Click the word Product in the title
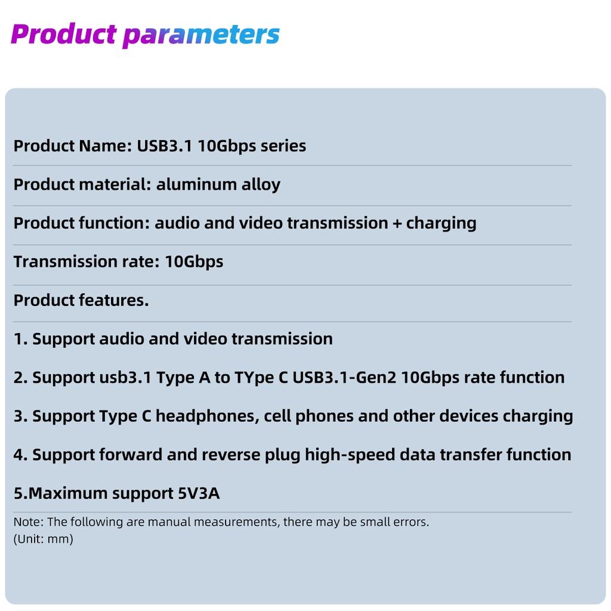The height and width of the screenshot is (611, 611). [x=63, y=33]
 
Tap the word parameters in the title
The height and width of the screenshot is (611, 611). [x=201, y=35]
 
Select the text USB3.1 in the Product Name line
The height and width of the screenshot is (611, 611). [x=165, y=146]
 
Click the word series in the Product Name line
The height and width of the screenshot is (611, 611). [x=283, y=146]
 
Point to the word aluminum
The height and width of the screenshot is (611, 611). [x=196, y=184]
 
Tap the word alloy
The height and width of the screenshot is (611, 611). [x=261, y=185]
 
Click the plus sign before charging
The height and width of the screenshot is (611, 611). [x=397, y=224]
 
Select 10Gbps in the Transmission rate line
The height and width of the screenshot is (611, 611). [x=194, y=262]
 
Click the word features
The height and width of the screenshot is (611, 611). [x=114, y=300]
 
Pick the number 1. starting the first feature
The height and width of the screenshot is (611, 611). [x=21, y=339]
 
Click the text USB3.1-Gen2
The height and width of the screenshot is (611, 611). [x=344, y=377]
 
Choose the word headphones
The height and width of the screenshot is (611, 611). [x=207, y=416]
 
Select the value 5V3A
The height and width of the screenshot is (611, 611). [x=199, y=493]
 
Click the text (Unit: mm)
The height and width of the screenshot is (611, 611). [x=43, y=539]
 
